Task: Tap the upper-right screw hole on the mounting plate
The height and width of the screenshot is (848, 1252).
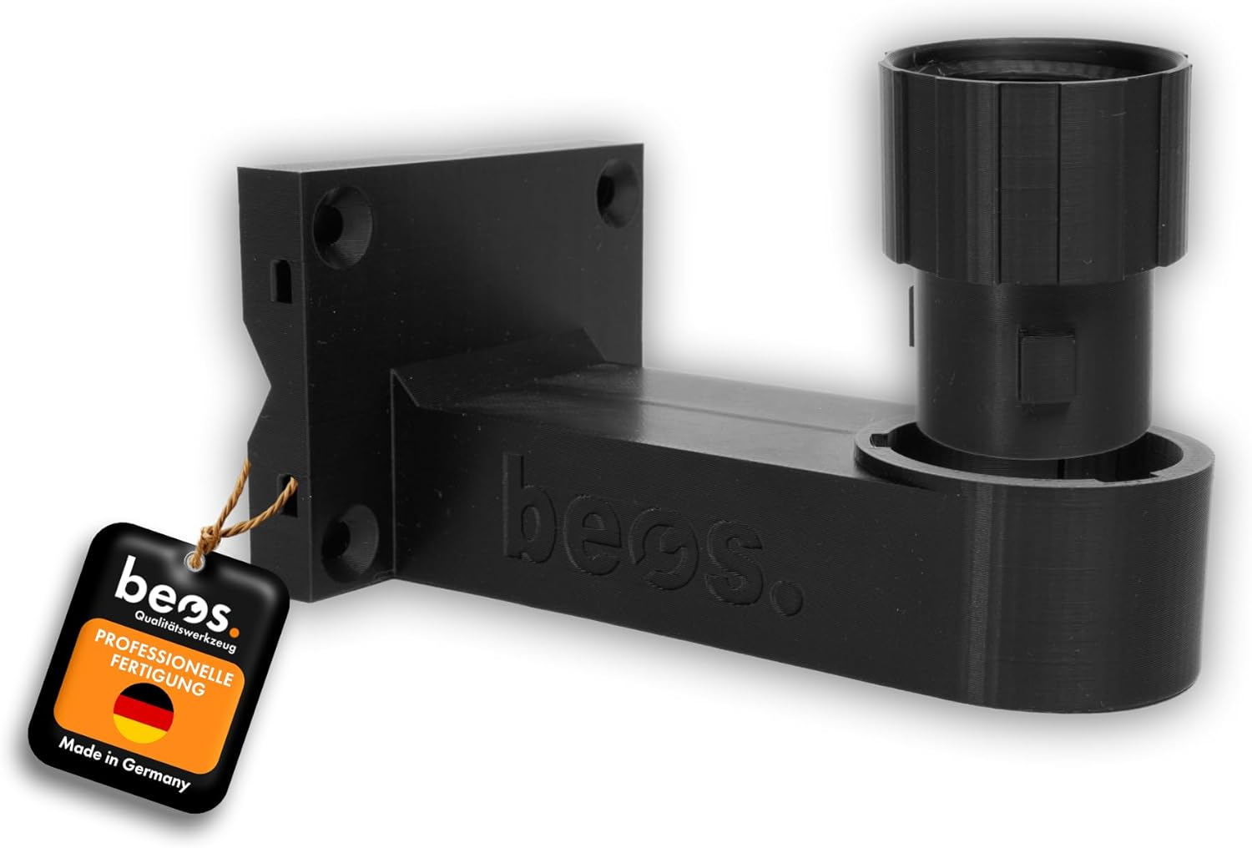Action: [618, 189]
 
